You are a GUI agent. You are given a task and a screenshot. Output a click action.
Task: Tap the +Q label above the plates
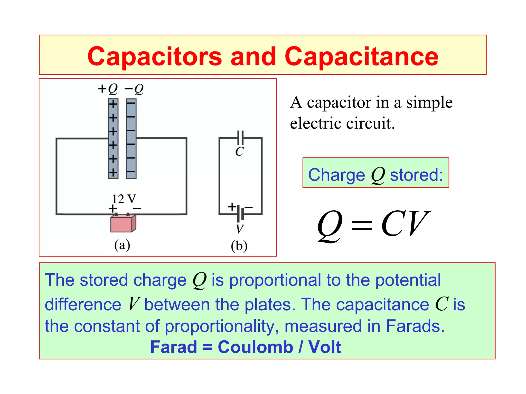(108, 89)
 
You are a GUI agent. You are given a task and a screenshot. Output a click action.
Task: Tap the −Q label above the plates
(134, 89)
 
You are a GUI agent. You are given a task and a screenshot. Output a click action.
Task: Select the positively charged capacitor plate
(113, 139)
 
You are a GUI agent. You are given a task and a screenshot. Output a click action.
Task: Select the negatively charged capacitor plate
(131, 139)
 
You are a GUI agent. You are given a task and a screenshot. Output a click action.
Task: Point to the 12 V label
(124, 199)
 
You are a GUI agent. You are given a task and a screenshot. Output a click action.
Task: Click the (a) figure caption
(122, 245)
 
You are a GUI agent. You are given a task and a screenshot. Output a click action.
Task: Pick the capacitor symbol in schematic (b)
(240, 138)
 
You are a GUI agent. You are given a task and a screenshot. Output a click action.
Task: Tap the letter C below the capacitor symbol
(239, 152)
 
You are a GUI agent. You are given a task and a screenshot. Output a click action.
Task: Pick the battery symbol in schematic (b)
(240, 213)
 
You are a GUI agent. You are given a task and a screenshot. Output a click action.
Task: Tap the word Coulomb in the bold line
(255, 347)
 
